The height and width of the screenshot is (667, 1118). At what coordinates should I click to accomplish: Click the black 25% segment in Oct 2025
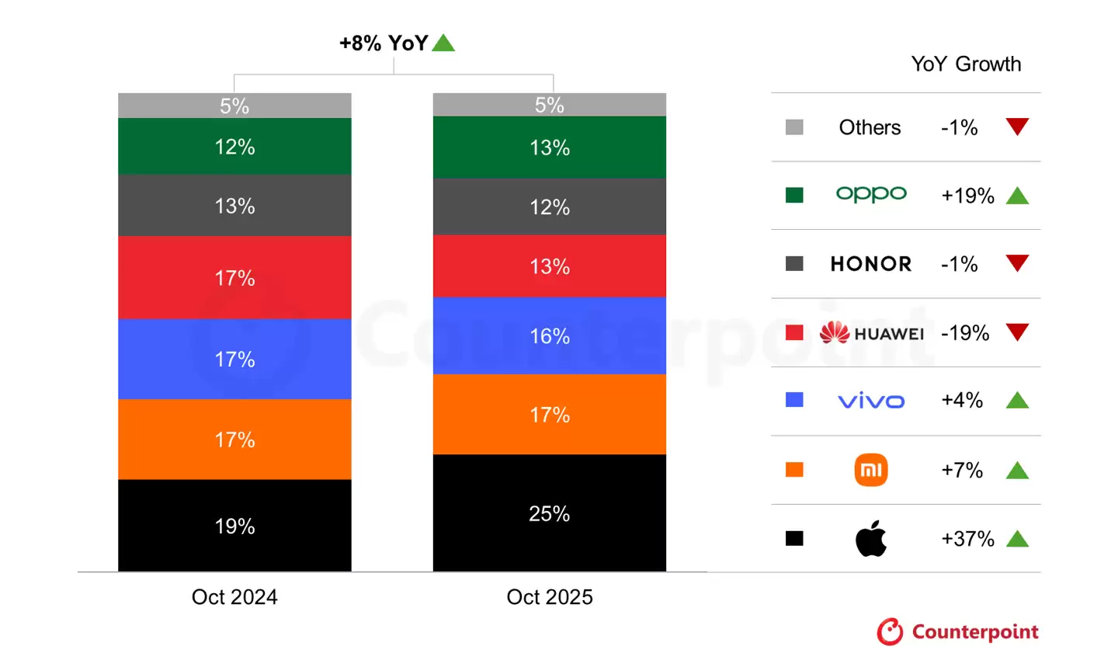[x=549, y=513]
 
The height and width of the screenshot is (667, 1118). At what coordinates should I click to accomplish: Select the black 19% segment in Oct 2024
[x=234, y=526]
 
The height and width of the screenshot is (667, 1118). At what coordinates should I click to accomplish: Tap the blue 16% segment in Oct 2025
[x=549, y=335]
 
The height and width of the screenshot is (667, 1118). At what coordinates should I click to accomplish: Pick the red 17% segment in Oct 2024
[x=234, y=277]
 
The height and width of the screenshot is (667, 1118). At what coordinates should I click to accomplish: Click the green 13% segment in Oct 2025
[x=549, y=148]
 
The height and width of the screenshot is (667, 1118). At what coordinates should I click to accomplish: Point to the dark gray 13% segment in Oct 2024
[x=234, y=206]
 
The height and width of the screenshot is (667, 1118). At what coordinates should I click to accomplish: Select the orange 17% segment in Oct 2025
[x=549, y=415]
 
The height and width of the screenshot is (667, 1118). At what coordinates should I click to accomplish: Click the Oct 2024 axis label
[x=234, y=596]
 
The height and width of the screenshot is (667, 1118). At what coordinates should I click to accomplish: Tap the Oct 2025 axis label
[x=549, y=596]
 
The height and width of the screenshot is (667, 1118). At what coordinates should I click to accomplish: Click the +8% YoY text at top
[x=384, y=43]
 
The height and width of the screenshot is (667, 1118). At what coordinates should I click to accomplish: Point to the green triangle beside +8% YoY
[x=443, y=43]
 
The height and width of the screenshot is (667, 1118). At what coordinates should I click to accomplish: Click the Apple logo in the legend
[x=871, y=539]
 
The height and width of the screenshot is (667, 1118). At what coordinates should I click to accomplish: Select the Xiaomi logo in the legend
[x=871, y=470]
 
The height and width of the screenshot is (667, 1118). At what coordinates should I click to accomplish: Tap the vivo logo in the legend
[x=871, y=401]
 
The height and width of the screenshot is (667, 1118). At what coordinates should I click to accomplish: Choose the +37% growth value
[x=967, y=539]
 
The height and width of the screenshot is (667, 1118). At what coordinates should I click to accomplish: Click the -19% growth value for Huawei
[x=965, y=333]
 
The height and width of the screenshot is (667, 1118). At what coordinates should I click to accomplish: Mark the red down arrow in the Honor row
[x=1017, y=262]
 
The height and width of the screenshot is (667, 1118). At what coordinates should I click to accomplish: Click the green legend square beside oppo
[x=794, y=195]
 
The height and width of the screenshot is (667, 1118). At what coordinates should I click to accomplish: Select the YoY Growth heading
[x=966, y=64]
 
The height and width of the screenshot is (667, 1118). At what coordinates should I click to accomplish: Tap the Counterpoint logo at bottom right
[x=958, y=632]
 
